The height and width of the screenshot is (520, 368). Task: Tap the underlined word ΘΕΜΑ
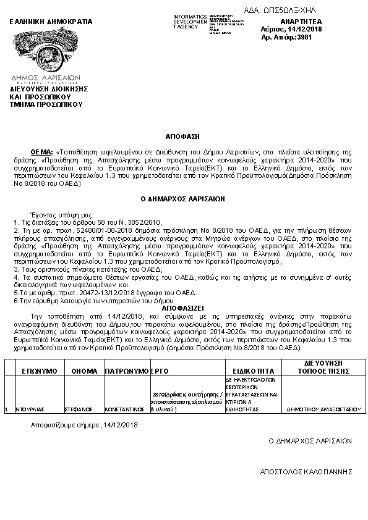(41, 151)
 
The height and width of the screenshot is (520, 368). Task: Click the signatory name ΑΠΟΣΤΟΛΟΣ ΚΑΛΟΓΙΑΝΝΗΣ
(306, 471)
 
